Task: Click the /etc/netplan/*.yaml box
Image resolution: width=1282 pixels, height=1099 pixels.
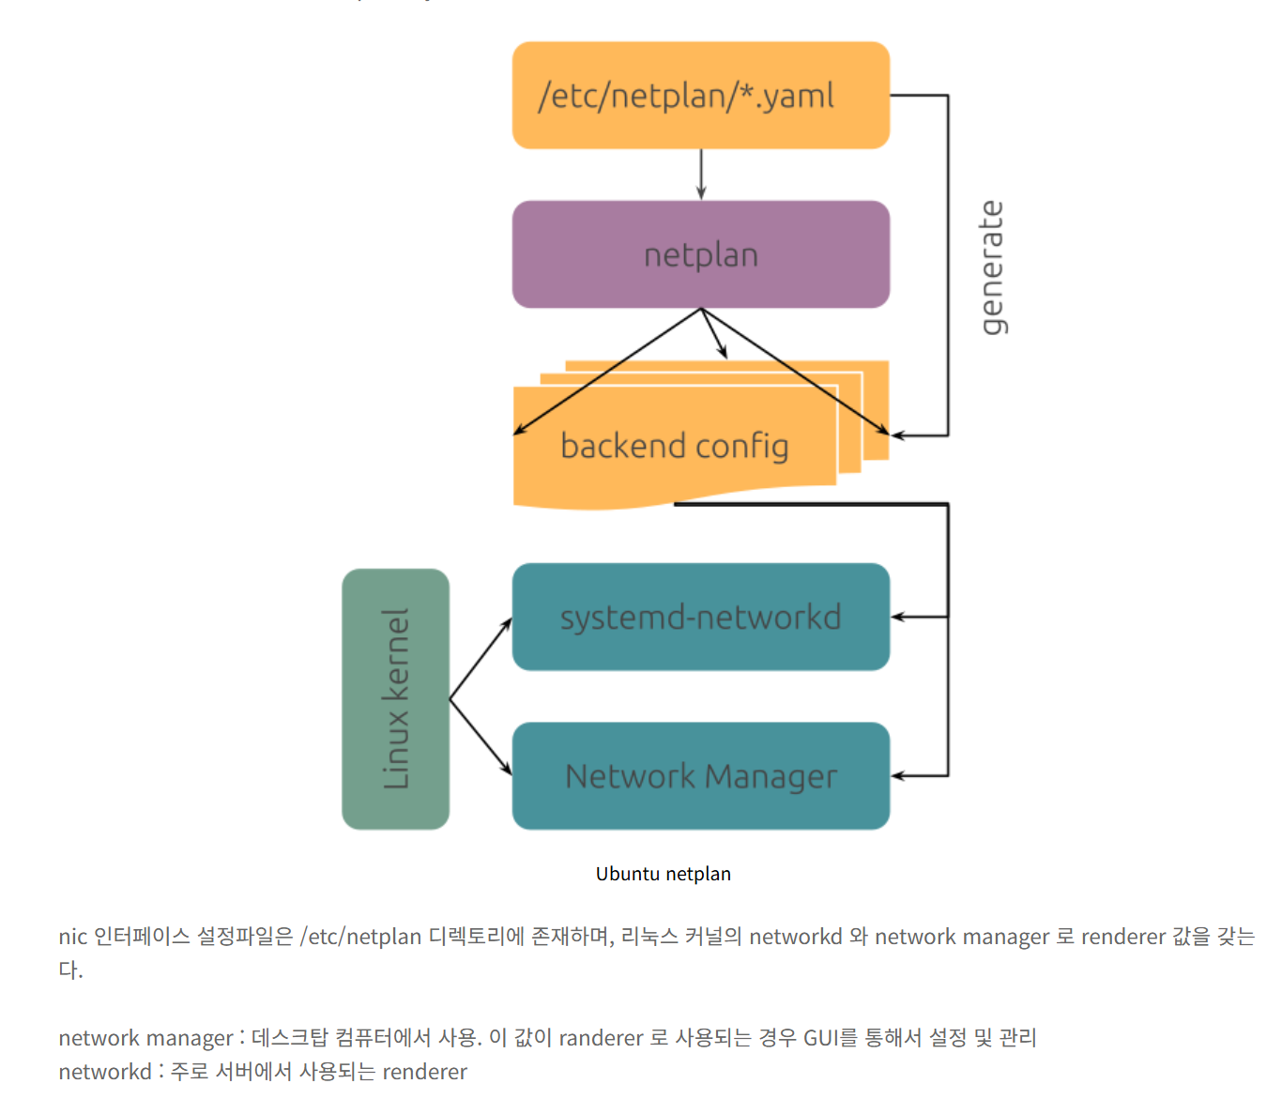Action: [700, 95]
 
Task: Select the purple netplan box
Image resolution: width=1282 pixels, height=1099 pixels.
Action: [700, 254]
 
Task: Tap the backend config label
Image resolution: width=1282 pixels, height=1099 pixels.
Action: [674, 446]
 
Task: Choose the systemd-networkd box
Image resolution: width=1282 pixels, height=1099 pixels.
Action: [700, 617]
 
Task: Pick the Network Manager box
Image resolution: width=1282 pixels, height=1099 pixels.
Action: [700, 776]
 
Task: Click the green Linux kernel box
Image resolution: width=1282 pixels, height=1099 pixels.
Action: [395, 699]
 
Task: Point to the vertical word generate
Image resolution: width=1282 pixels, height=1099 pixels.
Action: [991, 267]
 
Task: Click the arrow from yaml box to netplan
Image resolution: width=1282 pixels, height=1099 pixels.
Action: [701, 175]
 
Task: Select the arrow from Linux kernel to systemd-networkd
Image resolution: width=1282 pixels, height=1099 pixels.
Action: [481, 659]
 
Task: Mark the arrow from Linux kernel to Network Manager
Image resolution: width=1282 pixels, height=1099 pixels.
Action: [481, 738]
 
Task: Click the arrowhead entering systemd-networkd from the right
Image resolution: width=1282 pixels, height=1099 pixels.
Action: [897, 617]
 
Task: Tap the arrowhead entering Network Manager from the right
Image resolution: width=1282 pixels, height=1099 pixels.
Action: [897, 776]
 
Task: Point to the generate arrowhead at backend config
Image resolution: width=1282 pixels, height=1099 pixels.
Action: [897, 435]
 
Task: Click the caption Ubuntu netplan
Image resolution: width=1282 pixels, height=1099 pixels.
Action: [663, 874]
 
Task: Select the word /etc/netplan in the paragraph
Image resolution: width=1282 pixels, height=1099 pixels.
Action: [360, 937]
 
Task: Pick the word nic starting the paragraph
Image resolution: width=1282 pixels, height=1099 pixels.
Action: [72, 937]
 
